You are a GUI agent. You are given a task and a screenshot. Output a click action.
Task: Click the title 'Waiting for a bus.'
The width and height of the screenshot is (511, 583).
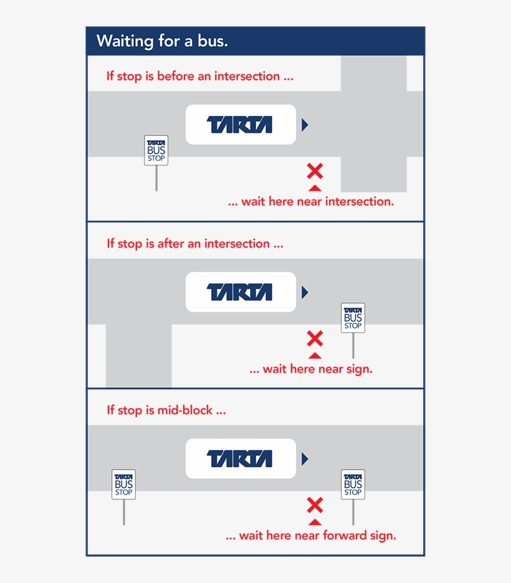click(162, 42)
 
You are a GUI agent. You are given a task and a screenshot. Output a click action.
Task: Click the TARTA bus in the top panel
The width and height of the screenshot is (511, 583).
click(240, 125)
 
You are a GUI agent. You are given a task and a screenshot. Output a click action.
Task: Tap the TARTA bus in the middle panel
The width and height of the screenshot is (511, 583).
click(240, 292)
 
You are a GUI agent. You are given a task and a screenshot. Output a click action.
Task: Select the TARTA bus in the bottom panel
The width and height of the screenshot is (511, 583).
click(240, 459)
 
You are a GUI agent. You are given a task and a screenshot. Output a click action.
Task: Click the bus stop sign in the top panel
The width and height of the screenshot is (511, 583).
click(156, 150)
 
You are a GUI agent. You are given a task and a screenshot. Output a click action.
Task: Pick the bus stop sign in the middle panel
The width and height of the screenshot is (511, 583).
click(353, 318)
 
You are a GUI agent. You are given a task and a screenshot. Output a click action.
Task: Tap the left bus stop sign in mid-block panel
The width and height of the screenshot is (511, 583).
click(123, 484)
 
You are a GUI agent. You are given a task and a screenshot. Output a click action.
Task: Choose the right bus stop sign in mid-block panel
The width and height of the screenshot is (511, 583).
click(353, 484)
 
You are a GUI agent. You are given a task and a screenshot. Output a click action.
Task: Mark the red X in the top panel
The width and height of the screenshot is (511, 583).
click(315, 171)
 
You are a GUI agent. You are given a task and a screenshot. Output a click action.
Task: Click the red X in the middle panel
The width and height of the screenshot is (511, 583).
click(315, 339)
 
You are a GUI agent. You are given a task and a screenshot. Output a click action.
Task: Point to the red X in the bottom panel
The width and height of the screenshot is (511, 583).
click(315, 505)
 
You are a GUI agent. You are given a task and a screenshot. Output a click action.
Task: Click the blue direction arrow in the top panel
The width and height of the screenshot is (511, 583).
click(305, 125)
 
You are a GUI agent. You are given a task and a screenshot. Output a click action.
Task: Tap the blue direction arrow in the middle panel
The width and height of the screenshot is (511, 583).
click(305, 292)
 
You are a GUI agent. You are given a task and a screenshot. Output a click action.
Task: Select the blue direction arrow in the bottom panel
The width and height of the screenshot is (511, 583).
click(305, 459)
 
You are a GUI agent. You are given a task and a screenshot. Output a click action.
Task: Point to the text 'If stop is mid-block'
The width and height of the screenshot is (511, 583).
click(166, 410)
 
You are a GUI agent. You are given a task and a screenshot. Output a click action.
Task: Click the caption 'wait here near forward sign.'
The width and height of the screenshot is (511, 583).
click(310, 536)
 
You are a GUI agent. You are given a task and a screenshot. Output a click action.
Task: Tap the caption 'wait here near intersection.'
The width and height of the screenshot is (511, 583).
click(310, 202)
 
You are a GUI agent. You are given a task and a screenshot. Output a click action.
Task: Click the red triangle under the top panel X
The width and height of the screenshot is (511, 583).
click(315, 187)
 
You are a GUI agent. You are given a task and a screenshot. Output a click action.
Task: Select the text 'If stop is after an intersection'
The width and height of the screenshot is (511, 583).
click(194, 244)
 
